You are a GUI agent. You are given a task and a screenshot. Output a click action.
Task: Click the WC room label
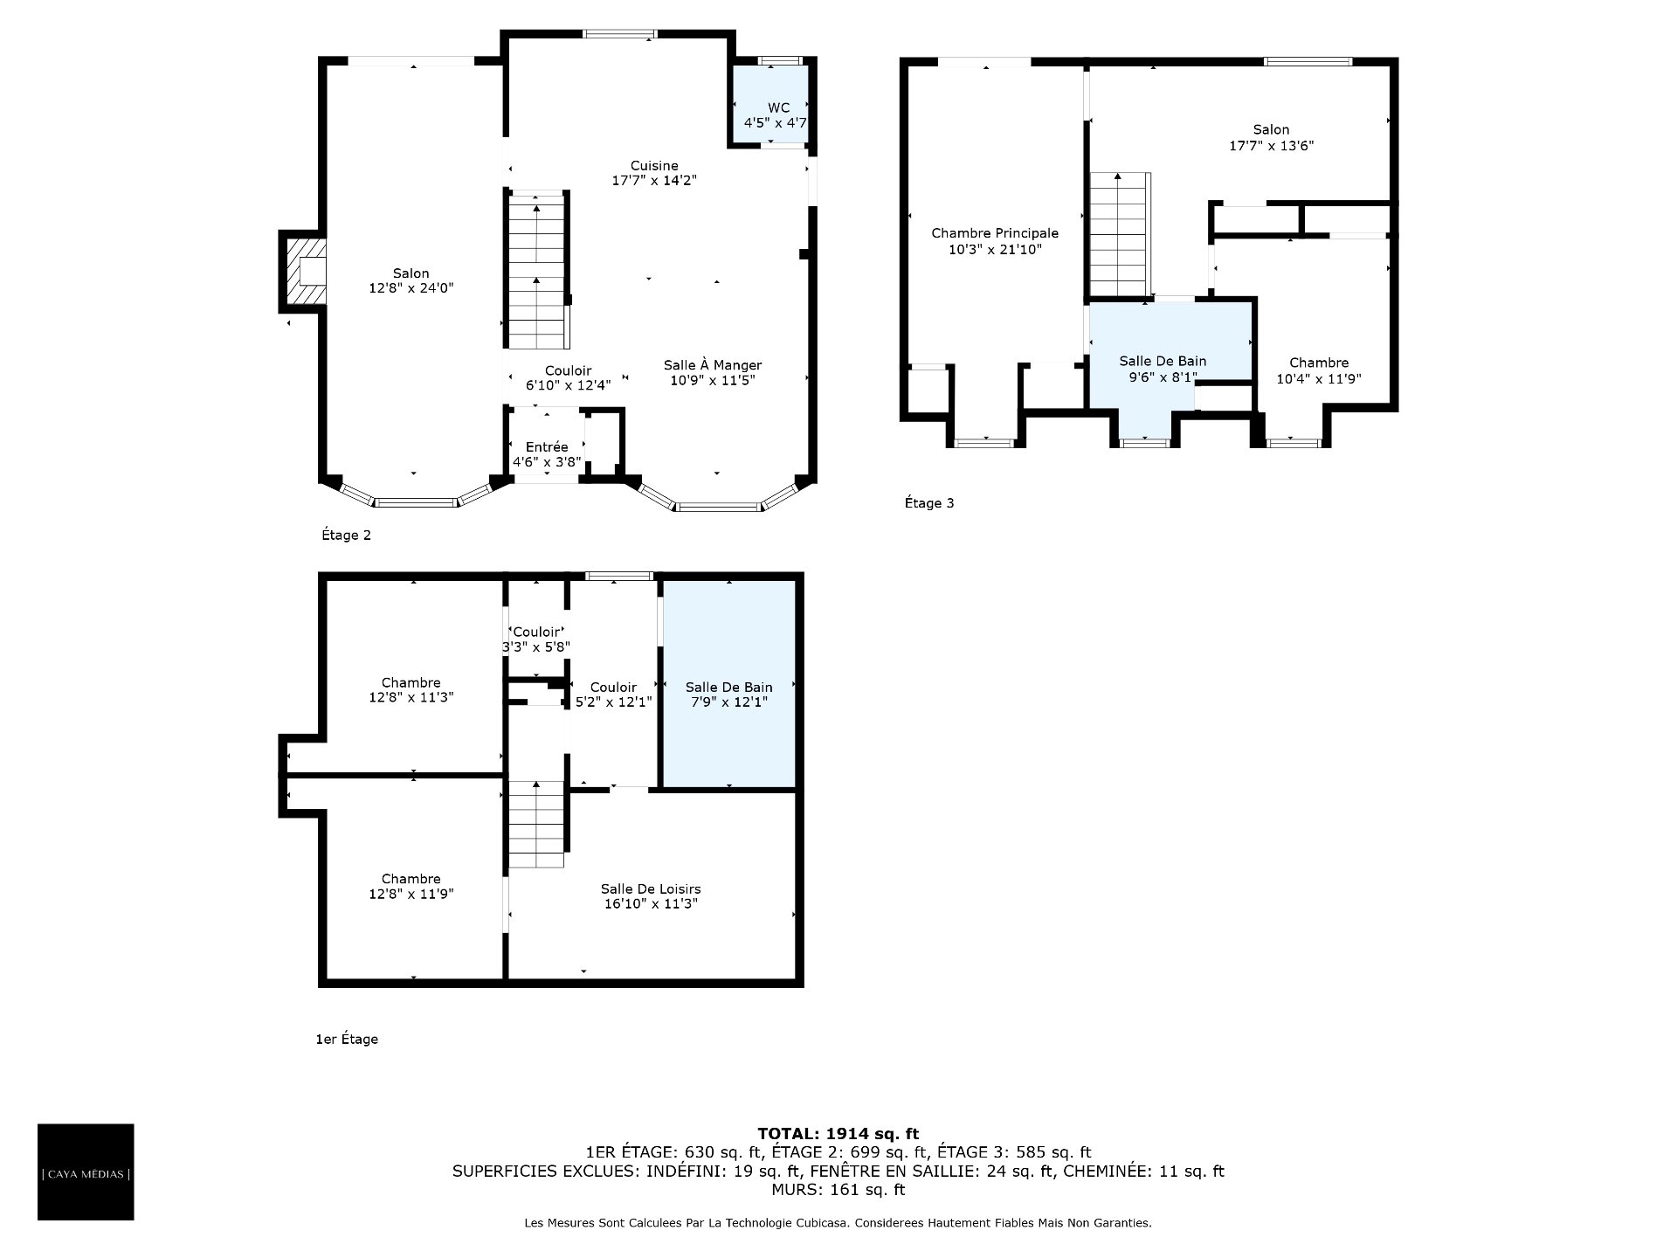click(x=775, y=115)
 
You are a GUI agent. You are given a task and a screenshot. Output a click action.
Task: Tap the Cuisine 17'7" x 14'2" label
click(x=654, y=173)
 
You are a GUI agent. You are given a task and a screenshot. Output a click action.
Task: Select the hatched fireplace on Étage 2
click(x=303, y=271)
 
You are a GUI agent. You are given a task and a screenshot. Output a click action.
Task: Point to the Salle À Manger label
click(x=713, y=373)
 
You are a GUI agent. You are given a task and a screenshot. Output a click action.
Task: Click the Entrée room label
click(x=547, y=454)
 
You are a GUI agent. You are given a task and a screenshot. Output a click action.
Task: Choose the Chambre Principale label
click(x=995, y=241)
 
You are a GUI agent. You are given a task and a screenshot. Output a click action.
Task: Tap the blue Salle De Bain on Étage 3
click(x=1170, y=367)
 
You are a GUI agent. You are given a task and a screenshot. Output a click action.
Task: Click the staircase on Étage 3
click(x=1119, y=234)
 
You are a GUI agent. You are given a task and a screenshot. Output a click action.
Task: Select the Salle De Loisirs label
click(x=651, y=896)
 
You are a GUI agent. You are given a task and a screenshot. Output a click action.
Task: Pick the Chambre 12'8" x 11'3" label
click(x=411, y=690)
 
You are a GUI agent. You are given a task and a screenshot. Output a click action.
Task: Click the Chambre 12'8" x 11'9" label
click(x=411, y=886)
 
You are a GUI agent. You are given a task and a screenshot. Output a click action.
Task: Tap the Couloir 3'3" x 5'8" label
click(x=536, y=639)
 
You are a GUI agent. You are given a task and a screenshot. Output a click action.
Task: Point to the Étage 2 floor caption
click(x=346, y=535)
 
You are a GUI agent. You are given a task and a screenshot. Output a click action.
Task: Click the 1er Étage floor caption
click(x=347, y=1039)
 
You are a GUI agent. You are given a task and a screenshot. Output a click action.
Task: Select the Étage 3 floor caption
click(x=929, y=503)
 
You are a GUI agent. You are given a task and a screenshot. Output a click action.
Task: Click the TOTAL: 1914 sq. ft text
click(x=838, y=1134)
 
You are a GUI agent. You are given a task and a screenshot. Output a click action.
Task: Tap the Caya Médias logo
click(x=86, y=1172)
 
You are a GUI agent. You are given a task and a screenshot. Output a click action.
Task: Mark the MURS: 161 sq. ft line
click(x=838, y=1190)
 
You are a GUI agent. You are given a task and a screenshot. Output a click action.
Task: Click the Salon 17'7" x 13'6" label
click(x=1271, y=137)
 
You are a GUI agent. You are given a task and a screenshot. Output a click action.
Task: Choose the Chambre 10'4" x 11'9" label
click(x=1319, y=370)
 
